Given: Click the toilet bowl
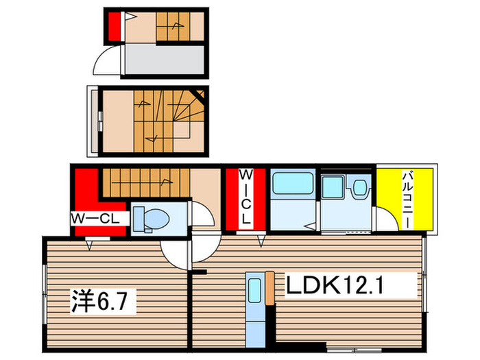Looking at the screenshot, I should (x=152, y=219).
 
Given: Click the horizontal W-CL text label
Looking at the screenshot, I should (x=96, y=219).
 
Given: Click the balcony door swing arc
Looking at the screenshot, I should (x=385, y=221).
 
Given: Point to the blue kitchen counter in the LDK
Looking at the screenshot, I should (x=254, y=309).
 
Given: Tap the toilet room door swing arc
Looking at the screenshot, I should (x=200, y=214).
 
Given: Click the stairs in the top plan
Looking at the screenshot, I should (x=173, y=28).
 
